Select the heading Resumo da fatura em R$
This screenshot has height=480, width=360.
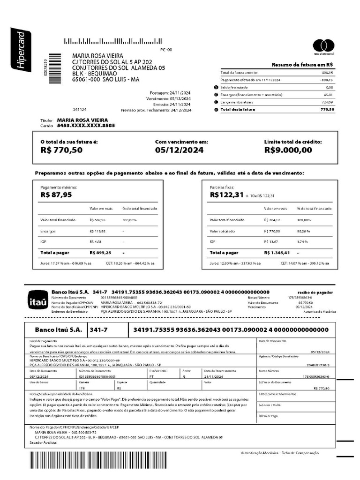(302, 65)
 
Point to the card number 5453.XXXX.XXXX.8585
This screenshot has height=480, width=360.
(86, 126)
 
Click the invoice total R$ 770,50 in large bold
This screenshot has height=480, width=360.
(61, 150)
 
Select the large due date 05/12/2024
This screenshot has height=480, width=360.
(179, 150)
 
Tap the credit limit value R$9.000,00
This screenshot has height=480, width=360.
(288, 150)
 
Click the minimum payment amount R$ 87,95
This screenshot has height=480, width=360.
(56, 195)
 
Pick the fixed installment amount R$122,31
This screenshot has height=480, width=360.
(227, 195)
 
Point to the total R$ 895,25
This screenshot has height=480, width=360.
(100, 253)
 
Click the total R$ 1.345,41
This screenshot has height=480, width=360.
(277, 253)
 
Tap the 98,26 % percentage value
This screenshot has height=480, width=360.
(303, 231)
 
